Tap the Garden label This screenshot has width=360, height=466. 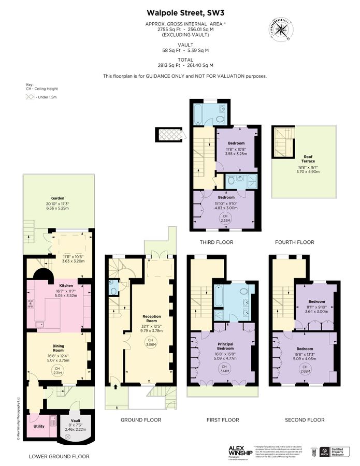click(57, 198)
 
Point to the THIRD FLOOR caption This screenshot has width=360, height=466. click(216, 242)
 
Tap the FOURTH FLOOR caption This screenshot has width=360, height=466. click(295, 242)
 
